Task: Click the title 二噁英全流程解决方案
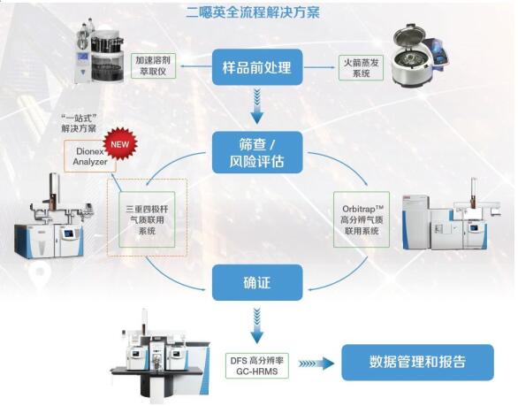(253, 12)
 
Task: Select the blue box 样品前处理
(257, 67)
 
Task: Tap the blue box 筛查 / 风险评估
(257, 152)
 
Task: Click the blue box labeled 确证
(257, 282)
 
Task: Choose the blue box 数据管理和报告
(417, 362)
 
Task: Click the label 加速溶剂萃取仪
(153, 65)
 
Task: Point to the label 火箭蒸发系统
(361, 68)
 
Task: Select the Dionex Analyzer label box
(90, 156)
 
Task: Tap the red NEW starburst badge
(120, 144)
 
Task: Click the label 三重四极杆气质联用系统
(147, 219)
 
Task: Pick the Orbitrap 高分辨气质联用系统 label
(362, 219)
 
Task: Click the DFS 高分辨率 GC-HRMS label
(256, 365)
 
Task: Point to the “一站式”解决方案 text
(80, 123)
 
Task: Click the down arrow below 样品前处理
(257, 106)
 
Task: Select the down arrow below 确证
(257, 325)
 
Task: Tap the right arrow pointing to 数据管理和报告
(316, 364)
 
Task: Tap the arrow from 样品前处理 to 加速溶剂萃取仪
(194, 66)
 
